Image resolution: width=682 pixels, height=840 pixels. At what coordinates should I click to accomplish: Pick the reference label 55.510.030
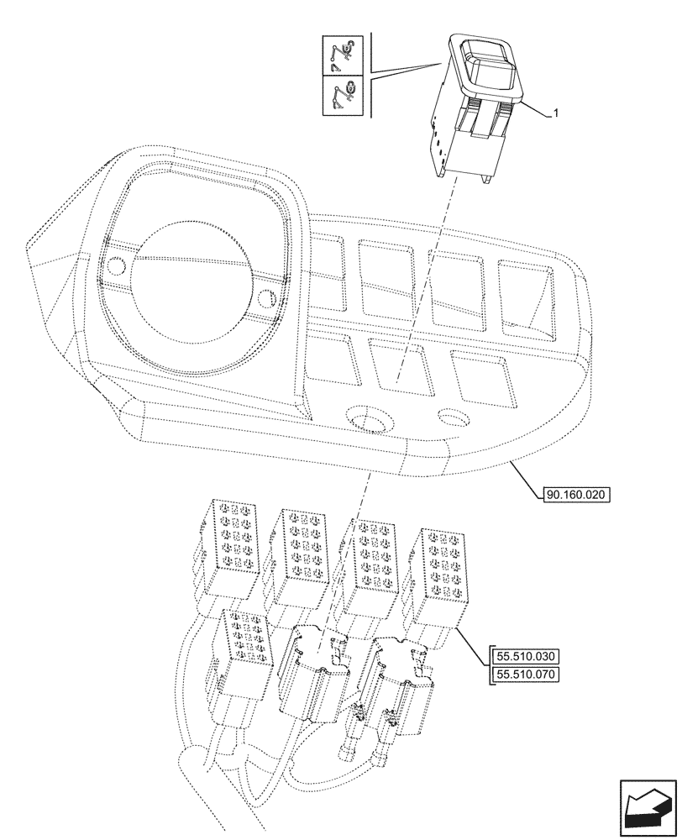[x=526, y=656]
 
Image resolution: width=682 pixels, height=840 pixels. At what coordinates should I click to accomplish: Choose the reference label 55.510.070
[x=526, y=675]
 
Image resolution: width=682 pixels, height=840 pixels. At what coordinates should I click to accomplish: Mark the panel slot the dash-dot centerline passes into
[x=397, y=365]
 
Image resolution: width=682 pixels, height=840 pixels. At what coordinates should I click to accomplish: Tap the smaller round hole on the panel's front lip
[x=452, y=417]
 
